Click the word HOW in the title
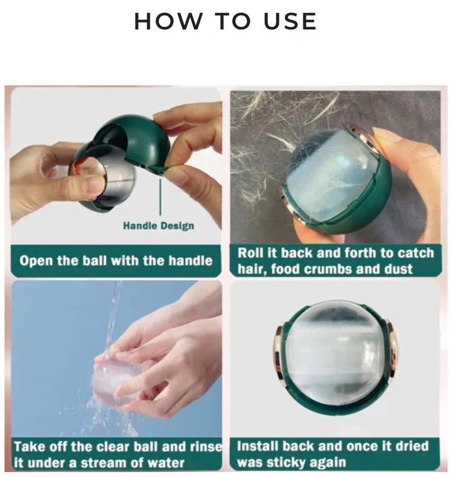point(168,22)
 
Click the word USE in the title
point(291,22)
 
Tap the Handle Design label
point(158,226)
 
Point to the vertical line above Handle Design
point(160,197)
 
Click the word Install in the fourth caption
point(257,446)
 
